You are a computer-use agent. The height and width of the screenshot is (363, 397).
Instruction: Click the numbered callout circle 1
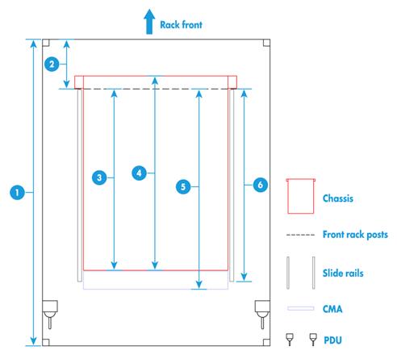coord(17,193)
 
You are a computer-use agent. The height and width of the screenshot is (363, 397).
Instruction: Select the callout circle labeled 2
coord(52,65)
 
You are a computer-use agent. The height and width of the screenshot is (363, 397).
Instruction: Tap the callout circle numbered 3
coord(99,177)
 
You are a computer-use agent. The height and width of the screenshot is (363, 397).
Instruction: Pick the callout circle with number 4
coord(139,173)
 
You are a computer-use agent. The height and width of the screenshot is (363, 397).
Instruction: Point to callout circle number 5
coord(183,186)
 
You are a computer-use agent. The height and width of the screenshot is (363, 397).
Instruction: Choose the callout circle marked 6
coord(261,185)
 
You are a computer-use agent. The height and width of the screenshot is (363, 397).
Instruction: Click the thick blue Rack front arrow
coord(149,22)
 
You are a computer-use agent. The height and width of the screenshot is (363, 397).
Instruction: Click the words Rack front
coord(181,25)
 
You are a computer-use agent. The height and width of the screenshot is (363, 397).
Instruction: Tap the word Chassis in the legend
coord(338,198)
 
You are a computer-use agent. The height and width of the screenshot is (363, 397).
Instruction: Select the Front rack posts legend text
coord(355,235)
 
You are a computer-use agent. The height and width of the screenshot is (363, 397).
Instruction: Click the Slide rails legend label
coord(343,273)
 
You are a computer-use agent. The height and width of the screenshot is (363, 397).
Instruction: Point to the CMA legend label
coord(332,309)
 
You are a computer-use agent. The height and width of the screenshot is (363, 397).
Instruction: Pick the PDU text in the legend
coord(332,340)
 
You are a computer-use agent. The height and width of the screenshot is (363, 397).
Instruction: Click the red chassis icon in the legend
coord(300,196)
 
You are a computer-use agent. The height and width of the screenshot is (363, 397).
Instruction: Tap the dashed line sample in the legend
coord(300,235)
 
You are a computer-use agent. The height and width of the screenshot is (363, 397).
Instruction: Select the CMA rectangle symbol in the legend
coord(300,308)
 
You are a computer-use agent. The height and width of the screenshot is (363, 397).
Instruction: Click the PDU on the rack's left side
coord(50,314)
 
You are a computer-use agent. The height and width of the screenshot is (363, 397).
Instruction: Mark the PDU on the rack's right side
coord(262,314)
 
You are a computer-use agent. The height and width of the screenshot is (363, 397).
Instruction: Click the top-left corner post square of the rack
coord(46,43)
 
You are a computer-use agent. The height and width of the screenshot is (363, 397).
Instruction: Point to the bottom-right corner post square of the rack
coord(266,342)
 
